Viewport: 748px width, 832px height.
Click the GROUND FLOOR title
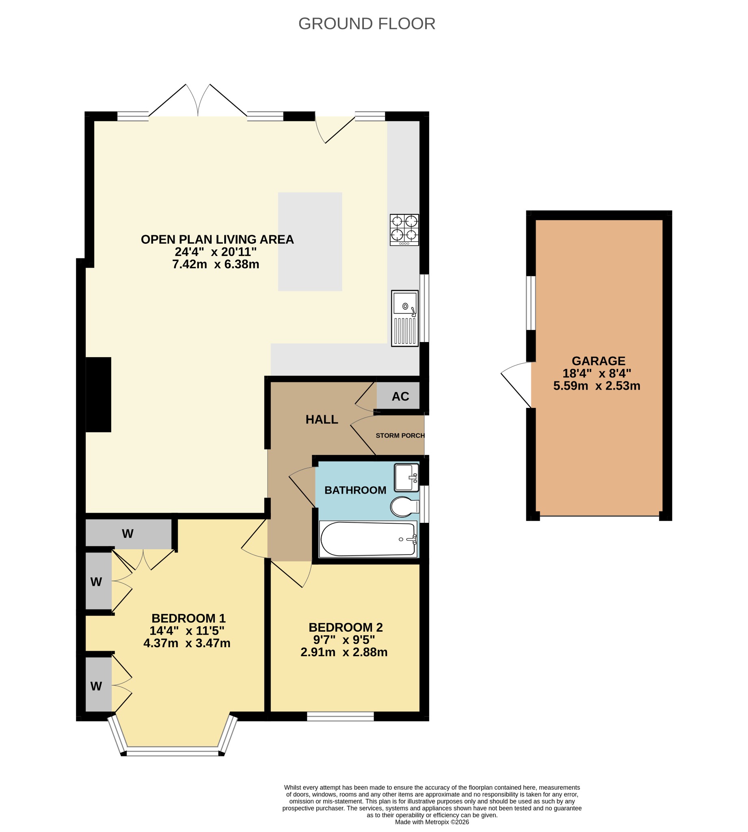[367, 24]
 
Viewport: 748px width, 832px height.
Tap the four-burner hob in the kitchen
[404, 230]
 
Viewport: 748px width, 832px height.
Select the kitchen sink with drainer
[405, 318]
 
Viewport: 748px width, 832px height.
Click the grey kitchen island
[310, 242]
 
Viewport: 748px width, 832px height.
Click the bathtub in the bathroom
[368, 539]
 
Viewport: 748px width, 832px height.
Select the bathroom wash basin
[406, 478]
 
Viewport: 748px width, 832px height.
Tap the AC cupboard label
[400, 396]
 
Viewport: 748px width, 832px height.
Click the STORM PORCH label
[400, 436]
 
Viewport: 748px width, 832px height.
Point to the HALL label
[322, 420]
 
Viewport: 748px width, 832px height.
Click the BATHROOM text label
[355, 490]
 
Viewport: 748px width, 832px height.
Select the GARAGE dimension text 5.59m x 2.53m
[597, 386]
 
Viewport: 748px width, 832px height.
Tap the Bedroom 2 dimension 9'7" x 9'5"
[344, 640]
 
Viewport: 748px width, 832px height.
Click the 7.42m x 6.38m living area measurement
[216, 264]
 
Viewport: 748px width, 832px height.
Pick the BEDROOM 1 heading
[189, 618]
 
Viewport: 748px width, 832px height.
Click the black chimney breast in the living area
[98, 394]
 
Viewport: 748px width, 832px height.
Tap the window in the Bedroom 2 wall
[340, 717]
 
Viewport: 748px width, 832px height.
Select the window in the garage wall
[531, 303]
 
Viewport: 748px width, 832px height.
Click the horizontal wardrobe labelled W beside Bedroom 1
[128, 533]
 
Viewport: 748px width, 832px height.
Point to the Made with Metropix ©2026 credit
[432, 822]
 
